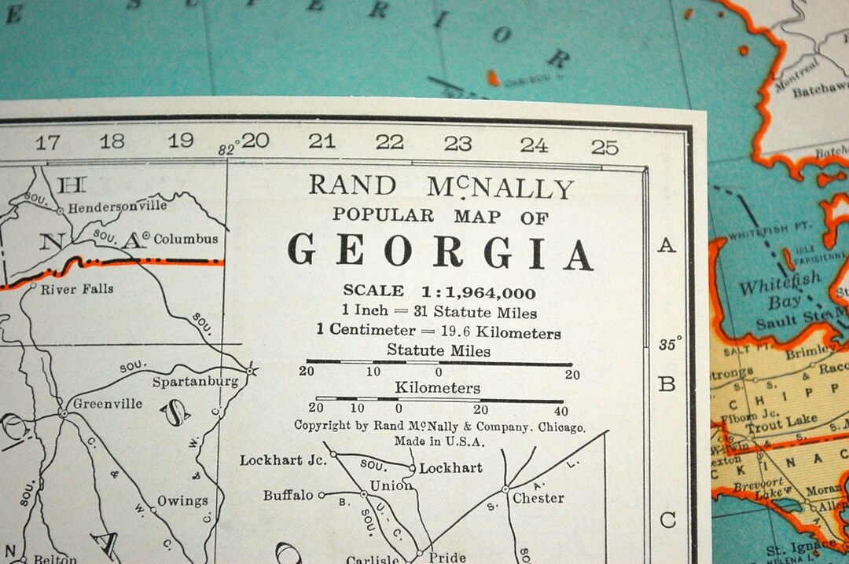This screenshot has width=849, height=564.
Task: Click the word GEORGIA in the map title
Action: click(x=439, y=253)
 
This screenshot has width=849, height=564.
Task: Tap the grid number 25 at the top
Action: click(x=605, y=147)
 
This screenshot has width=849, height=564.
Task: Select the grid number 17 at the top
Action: click(x=47, y=142)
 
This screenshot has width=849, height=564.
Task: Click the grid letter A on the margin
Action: click(x=667, y=246)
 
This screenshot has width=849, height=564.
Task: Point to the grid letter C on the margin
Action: click(x=667, y=520)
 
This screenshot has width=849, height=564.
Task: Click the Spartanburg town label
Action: click(x=195, y=383)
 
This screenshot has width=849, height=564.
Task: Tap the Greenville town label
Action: click(x=108, y=404)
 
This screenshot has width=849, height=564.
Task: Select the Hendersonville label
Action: click(x=117, y=207)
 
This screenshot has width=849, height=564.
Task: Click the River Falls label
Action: click(x=77, y=289)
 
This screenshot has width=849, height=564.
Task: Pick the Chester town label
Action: click(x=538, y=498)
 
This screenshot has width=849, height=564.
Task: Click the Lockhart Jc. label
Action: click(x=283, y=460)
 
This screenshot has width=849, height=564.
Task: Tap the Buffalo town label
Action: click(x=289, y=496)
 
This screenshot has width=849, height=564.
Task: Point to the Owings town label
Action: click(x=182, y=501)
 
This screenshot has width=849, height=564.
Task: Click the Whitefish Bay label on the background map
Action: click(x=778, y=291)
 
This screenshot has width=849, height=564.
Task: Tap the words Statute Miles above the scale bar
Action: click(x=439, y=350)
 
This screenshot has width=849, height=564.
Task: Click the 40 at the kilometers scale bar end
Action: click(x=560, y=410)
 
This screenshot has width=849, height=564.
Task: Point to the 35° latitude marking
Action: click(x=670, y=344)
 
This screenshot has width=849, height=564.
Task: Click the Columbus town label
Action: click(x=186, y=239)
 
